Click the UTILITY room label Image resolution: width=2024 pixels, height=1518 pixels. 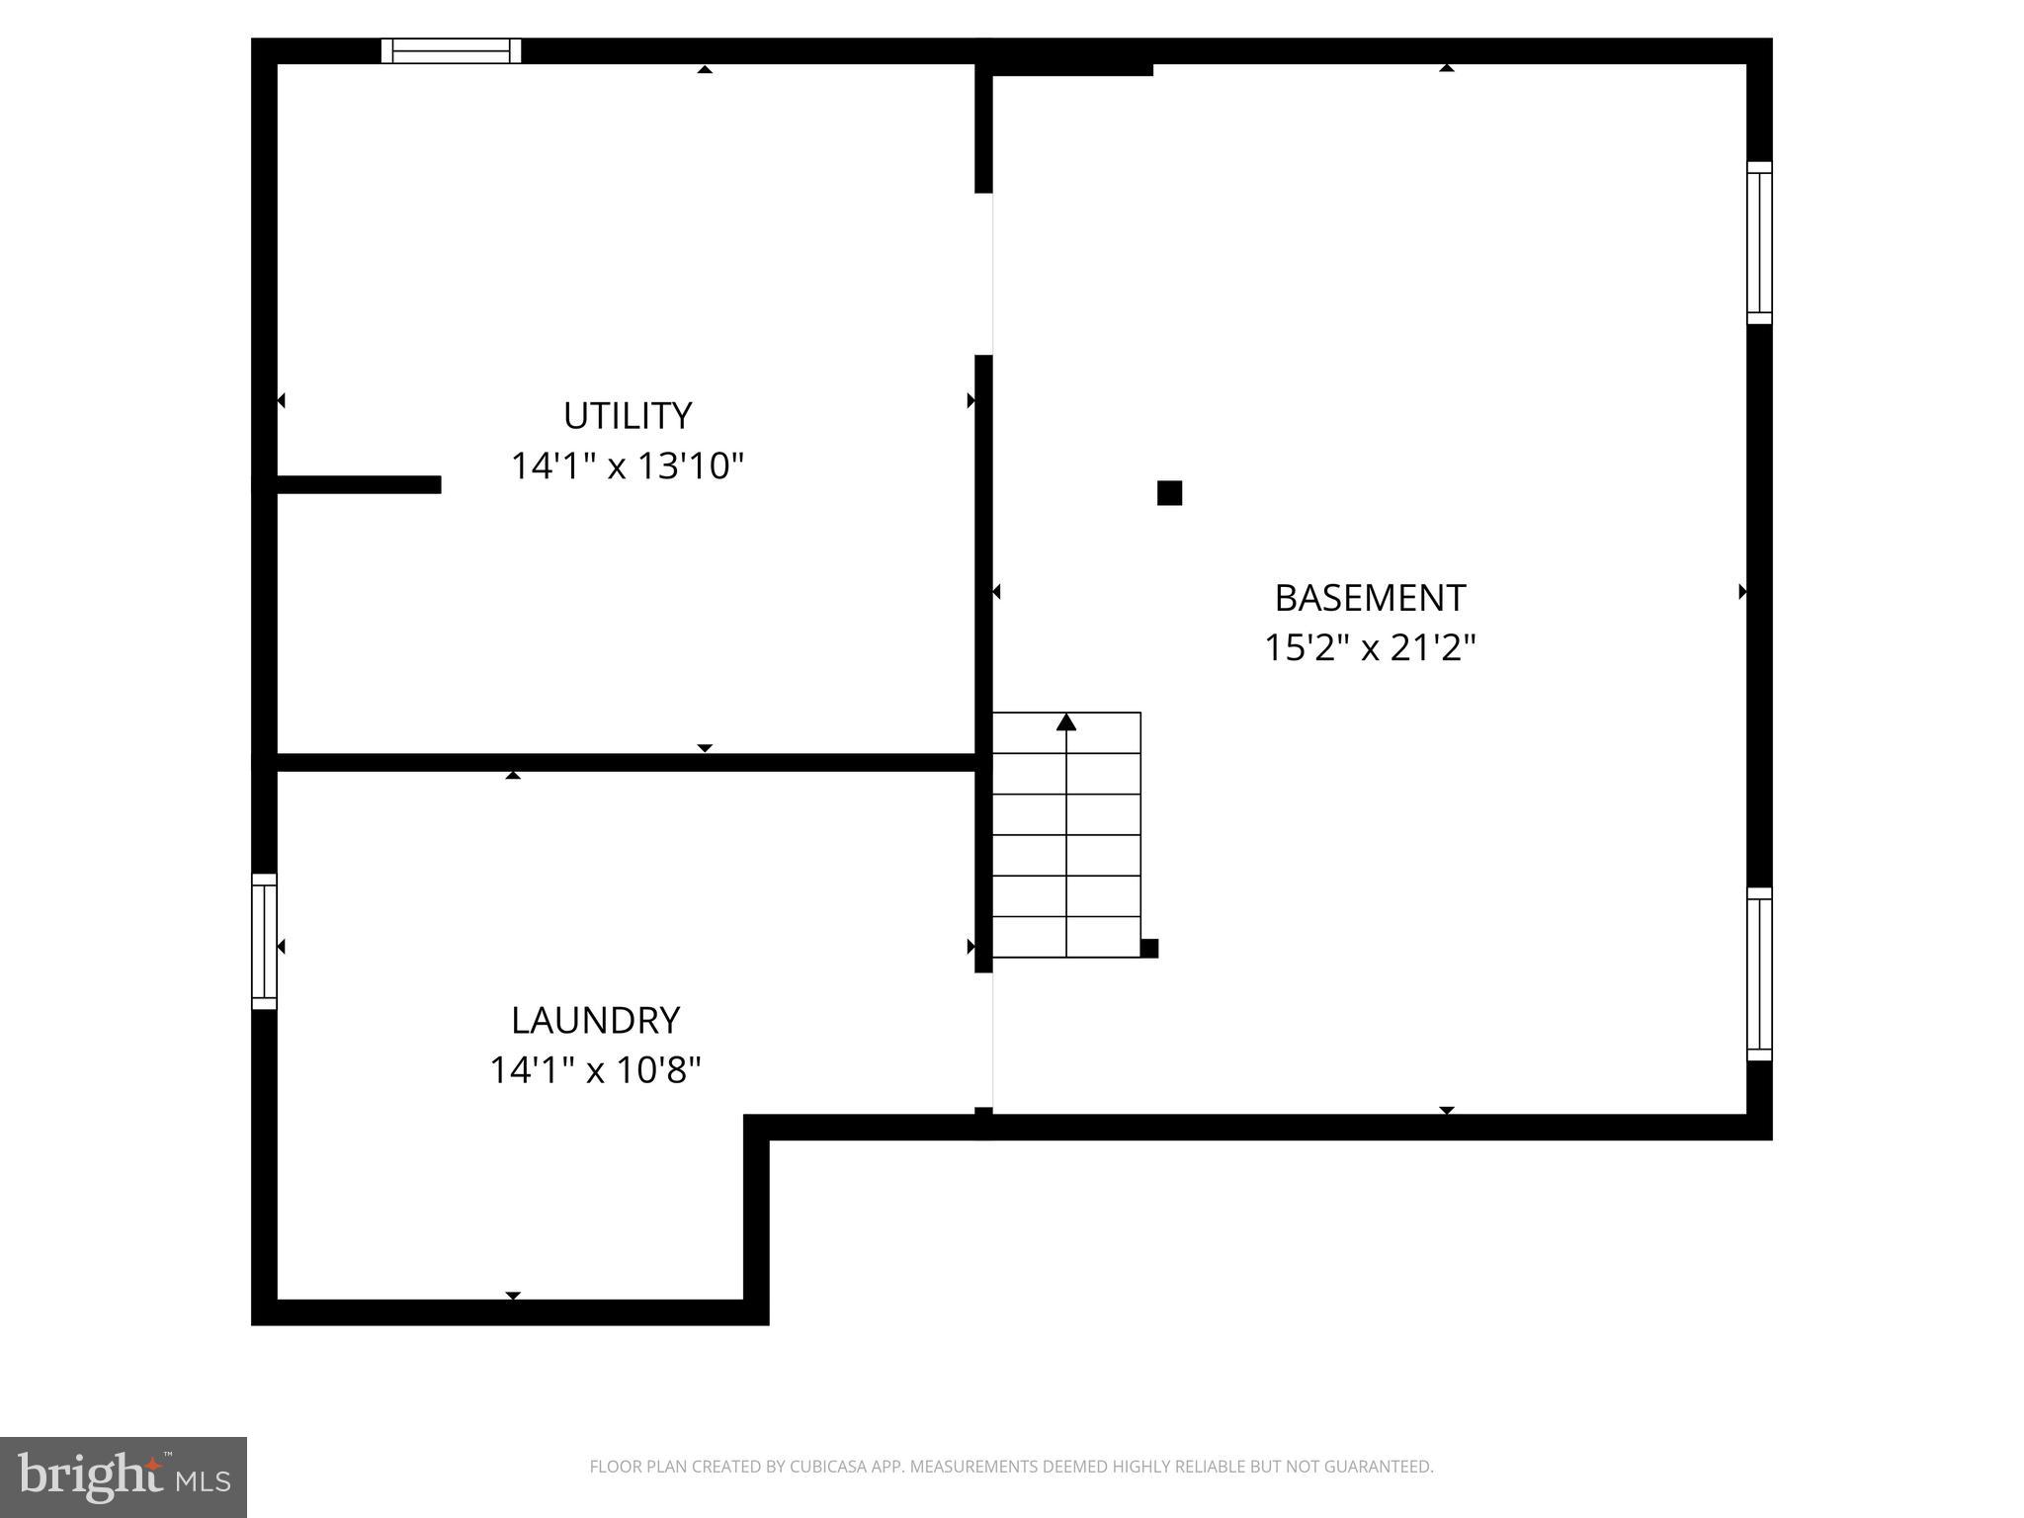coord(627,416)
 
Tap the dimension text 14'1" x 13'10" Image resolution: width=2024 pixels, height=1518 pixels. coord(627,465)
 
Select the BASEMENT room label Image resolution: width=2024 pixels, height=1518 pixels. coord(1370,598)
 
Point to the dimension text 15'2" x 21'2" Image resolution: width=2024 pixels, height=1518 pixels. coord(1370,648)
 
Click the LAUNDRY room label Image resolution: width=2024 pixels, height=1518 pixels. coord(595,1020)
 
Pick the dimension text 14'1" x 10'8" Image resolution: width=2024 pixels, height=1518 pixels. coord(595,1070)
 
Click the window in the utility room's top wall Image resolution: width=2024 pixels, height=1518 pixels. coord(452,50)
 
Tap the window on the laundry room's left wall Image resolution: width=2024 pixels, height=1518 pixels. coord(264,942)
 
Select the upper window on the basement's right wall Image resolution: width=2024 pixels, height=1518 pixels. coord(1759,242)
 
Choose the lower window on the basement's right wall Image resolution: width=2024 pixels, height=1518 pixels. coord(1759,974)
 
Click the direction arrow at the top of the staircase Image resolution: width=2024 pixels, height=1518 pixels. coord(1065,722)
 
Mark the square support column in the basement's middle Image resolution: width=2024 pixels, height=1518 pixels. coord(1169,493)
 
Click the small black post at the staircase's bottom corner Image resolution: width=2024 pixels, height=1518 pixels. coord(1149,949)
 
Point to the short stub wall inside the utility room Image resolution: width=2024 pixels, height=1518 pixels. coord(359,484)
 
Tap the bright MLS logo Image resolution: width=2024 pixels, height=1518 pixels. coord(124,1476)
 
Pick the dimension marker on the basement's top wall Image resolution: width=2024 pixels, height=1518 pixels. coord(1446,68)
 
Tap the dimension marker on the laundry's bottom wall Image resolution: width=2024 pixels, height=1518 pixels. coord(513,1295)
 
